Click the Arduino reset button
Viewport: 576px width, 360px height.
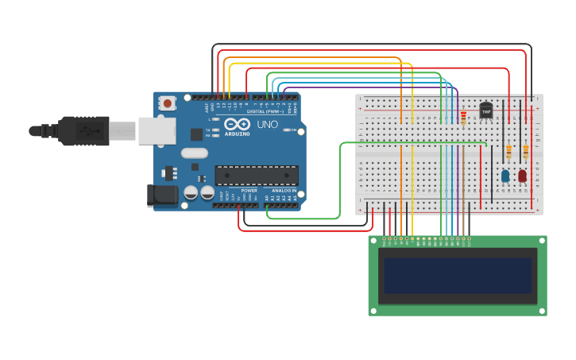click(x=167, y=103)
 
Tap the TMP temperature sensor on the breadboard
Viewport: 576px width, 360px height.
click(x=485, y=111)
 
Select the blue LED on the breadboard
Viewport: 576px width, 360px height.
click(x=505, y=176)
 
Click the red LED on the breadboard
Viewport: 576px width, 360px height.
click(x=522, y=176)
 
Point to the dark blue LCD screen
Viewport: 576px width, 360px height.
click(x=458, y=275)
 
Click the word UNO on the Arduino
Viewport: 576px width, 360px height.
click(x=267, y=125)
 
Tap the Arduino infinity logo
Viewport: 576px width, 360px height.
click(x=237, y=124)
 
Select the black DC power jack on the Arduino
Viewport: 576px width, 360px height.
click(x=163, y=195)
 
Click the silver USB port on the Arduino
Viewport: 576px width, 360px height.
click(x=157, y=130)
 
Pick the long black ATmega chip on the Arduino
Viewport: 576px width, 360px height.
click(x=257, y=175)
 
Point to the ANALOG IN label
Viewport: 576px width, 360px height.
click(x=283, y=191)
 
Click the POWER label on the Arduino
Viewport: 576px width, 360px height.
click(x=249, y=191)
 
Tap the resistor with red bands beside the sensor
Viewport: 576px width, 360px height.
click(x=463, y=118)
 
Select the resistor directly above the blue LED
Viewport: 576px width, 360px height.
click(x=508, y=150)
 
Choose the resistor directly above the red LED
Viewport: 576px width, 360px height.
click(x=525, y=150)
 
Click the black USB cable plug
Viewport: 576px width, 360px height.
click(x=83, y=130)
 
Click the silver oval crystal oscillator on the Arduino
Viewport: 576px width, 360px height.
click(x=194, y=153)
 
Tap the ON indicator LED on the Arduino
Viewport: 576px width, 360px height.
click(x=284, y=130)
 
